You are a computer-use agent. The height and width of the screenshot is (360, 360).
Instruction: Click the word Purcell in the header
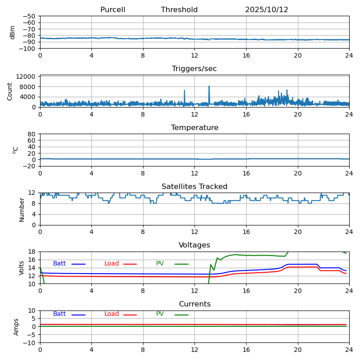pos(112,10)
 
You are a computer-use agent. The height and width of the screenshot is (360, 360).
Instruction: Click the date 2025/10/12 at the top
pos(266,10)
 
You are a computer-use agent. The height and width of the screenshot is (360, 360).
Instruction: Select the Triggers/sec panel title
pos(194,69)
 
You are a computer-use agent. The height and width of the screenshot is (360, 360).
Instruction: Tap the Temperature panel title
pos(194,128)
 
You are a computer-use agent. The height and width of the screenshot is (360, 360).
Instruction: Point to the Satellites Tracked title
pos(194,187)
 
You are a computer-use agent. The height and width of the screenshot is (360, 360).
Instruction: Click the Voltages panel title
pos(194,245)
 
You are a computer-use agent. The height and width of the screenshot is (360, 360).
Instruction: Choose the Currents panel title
pos(194,304)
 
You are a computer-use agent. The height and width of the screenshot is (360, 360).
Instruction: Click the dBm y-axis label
pos(13,32)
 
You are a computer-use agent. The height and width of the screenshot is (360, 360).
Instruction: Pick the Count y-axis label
pos(10,91)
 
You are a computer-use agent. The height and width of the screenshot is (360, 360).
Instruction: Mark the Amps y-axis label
pos(16,327)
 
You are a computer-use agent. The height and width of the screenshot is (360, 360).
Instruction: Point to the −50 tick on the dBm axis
pos(30,16)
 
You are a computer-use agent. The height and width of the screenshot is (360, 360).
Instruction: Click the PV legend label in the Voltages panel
pos(160,264)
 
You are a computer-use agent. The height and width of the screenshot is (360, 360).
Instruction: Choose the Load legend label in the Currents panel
pos(112,314)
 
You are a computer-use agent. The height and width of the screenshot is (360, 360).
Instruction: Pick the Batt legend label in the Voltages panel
pos(59,264)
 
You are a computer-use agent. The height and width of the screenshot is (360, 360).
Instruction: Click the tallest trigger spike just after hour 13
pos(209,86)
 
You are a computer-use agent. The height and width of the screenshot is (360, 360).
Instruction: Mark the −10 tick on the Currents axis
pos(30,343)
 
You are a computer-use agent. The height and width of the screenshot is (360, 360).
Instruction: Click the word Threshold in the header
pos(179,10)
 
